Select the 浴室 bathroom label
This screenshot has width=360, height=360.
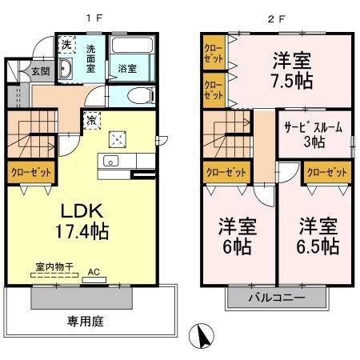tap(126, 68)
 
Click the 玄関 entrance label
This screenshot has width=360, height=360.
tap(18, 71)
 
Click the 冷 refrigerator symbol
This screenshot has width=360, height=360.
tap(91, 121)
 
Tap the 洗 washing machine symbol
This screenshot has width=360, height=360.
tap(66, 46)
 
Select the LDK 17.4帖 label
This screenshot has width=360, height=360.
tap(82, 222)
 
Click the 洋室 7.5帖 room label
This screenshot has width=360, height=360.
tap(290, 70)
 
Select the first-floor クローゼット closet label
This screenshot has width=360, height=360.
tap(30, 171)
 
